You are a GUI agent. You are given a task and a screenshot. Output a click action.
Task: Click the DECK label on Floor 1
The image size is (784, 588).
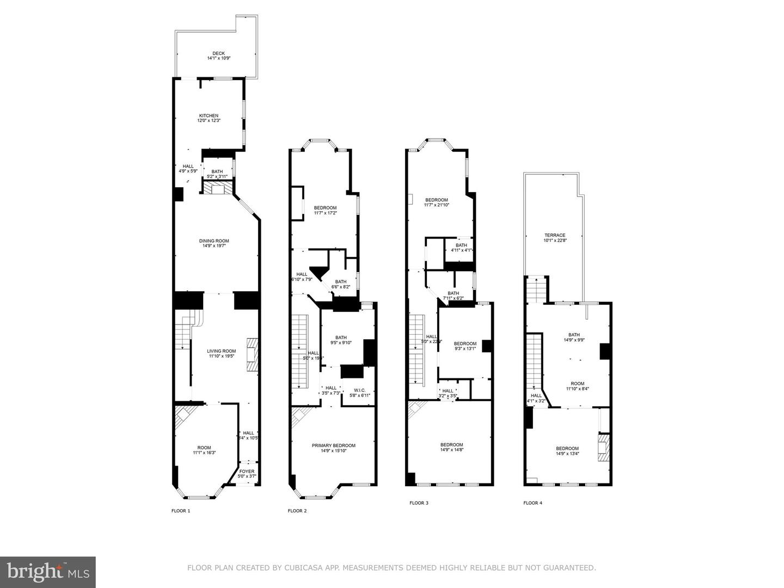pyautogui.click(x=218, y=53)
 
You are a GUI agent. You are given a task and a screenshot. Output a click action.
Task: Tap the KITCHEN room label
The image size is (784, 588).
pyautogui.click(x=209, y=115)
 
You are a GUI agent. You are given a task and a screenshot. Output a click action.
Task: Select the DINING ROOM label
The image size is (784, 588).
pyautogui.click(x=214, y=241)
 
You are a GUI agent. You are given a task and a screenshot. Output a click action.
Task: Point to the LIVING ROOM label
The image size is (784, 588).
pyautogui.click(x=221, y=351)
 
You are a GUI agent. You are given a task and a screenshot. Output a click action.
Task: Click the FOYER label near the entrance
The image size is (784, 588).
pyautogui.click(x=247, y=471)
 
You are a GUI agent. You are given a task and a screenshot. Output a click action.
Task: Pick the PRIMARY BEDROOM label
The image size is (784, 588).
pyautogui.click(x=333, y=445)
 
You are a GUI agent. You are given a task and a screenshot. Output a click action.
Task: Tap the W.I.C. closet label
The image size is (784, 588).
pyautogui.click(x=359, y=390)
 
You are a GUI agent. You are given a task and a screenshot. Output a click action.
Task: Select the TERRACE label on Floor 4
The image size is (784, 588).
pyautogui.click(x=555, y=235)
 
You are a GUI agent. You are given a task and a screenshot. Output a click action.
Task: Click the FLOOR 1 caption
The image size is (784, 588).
pyautogui.click(x=181, y=511)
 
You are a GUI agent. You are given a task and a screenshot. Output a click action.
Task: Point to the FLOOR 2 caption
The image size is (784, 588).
pyautogui.click(x=297, y=511)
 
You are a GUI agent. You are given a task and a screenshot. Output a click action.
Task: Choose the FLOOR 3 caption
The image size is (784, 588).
pyautogui.click(x=419, y=503)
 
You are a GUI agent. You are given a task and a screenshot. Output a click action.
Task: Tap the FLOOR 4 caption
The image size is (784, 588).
pyautogui.click(x=532, y=503)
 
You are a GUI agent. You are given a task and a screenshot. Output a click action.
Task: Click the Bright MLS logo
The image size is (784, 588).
pyautogui.click(x=48, y=572)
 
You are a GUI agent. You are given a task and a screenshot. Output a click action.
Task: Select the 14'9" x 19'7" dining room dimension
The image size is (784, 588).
pyautogui.click(x=214, y=246)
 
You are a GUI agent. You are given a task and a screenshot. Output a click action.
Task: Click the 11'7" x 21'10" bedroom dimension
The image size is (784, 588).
pyautogui.click(x=436, y=205)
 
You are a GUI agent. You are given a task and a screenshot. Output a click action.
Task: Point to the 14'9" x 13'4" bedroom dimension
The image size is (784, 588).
pyautogui.click(x=567, y=454)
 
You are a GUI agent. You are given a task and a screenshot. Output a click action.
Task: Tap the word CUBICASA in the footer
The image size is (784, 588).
pyautogui.click(x=302, y=568)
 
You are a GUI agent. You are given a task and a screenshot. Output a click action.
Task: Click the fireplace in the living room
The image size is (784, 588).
pyautogui.click(x=252, y=354)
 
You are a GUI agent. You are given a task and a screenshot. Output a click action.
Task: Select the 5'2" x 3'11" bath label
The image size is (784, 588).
pyautogui.click(x=217, y=174)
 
